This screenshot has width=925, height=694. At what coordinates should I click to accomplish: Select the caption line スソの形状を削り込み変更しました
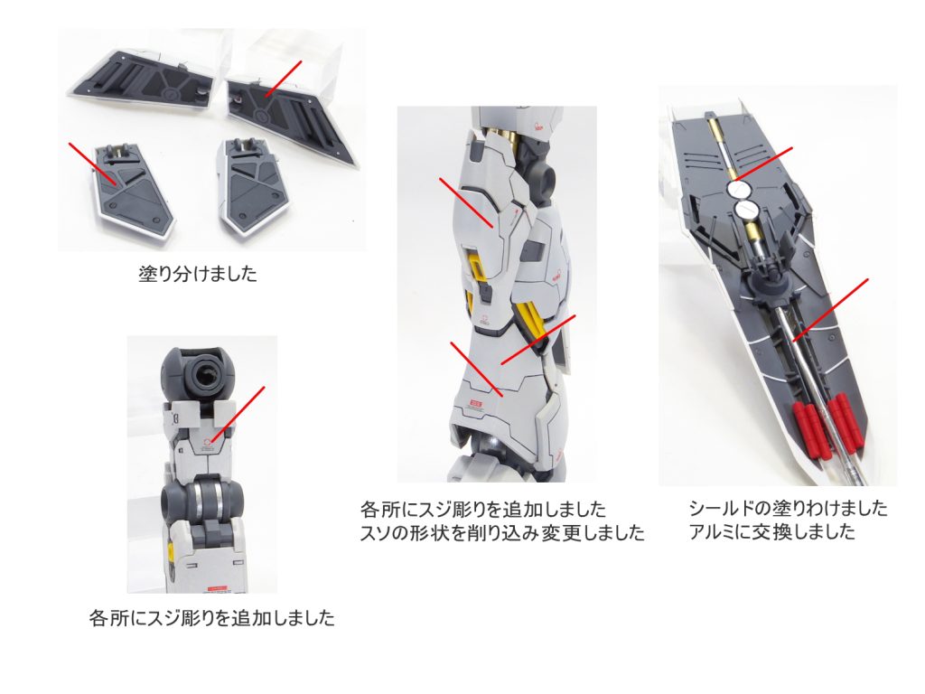502,533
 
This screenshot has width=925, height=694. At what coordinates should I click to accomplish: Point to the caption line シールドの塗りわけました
788,508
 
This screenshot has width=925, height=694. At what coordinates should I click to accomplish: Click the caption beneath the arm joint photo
212,619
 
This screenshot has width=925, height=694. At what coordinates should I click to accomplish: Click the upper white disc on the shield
741,189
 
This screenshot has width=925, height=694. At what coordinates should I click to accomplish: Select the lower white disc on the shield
748,212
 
